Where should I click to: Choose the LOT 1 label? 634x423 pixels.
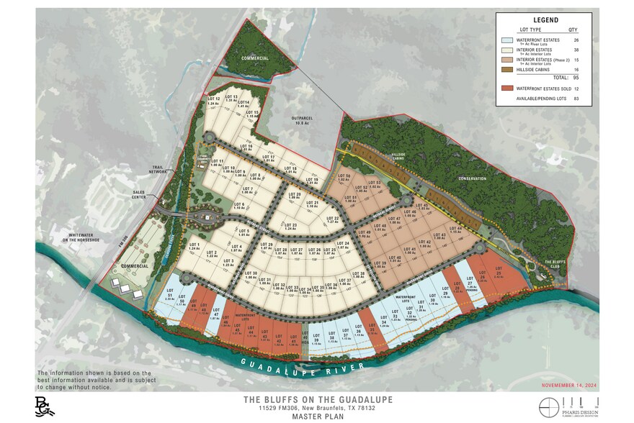tap(194, 247)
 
